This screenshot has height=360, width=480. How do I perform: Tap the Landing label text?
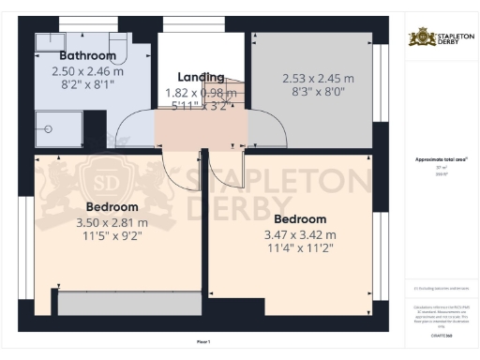coord(201,77)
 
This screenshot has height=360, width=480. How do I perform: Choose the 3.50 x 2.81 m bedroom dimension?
coord(112,223)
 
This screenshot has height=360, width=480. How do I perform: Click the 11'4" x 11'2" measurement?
coord(299,247)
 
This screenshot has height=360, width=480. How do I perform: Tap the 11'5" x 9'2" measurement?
coord(112,238)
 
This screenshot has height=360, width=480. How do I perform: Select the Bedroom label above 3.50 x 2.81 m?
coord(112,206)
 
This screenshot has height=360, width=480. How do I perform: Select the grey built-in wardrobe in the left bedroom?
coord(127,304)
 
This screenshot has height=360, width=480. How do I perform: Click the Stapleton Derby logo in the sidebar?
coord(441,38)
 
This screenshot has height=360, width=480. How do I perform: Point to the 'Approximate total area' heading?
coord(441,159)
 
